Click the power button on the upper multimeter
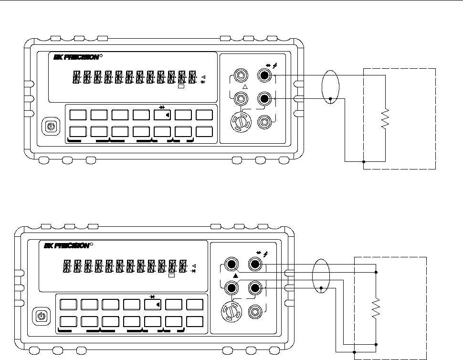pyautogui.click(x=51, y=127)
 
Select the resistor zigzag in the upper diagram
pyautogui.click(x=385, y=118)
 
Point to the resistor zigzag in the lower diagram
pyautogui.click(x=376, y=308)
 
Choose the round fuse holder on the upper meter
pyautogui.click(x=241, y=122)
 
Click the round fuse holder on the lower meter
pyautogui.click(x=231, y=311)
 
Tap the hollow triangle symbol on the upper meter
pyautogui.click(x=245, y=87)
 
